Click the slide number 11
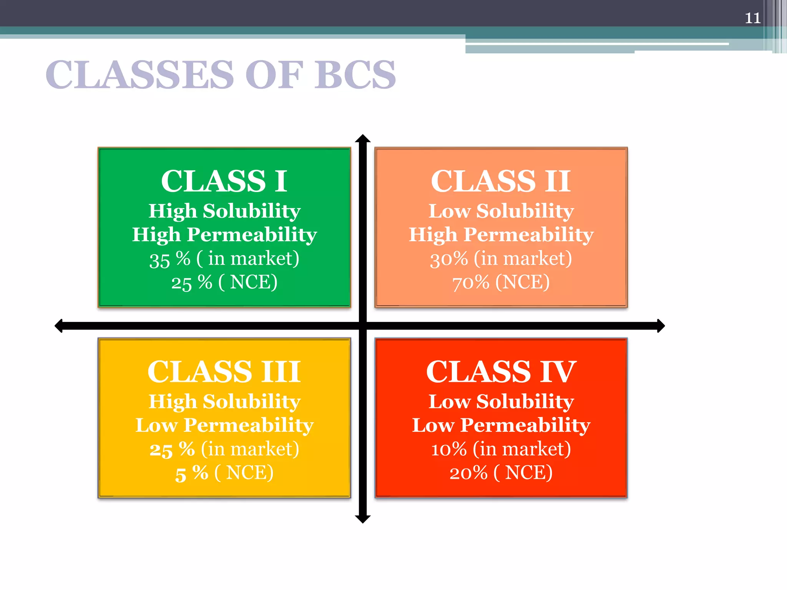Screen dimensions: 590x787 [x=752, y=18]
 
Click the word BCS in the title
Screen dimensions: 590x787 [x=355, y=75]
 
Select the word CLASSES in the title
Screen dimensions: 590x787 [x=140, y=75]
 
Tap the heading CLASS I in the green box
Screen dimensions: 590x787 [x=224, y=181]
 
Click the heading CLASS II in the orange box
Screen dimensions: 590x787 [x=501, y=181]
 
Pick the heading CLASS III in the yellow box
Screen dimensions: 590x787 [x=224, y=372]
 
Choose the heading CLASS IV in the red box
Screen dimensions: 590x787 [x=501, y=372]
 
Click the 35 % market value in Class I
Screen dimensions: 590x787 [x=169, y=259]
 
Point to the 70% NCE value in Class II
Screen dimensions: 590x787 [x=471, y=283]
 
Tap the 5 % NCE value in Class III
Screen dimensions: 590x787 [x=191, y=473]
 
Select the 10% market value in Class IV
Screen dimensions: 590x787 [x=448, y=449]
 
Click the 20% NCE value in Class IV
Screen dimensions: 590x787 [x=468, y=473]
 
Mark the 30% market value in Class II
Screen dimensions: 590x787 [x=449, y=259]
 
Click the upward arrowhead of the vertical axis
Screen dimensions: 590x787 [x=363, y=139]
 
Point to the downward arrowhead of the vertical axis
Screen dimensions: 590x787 [x=363, y=519]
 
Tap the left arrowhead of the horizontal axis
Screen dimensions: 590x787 [x=59, y=326]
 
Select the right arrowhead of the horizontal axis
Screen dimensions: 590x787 [x=661, y=326]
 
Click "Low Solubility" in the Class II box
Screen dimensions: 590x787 [x=501, y=211]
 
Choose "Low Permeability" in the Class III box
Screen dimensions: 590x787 [x=225, y=425]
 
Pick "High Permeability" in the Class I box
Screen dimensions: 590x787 [x=225, y=235]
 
